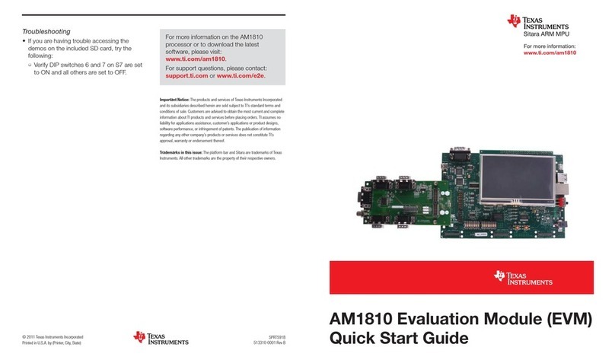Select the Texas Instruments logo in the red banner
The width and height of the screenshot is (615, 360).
[x=523, y=278]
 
